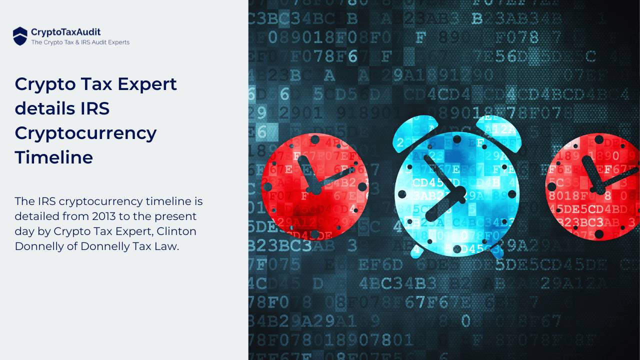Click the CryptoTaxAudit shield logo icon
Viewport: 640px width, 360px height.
20,36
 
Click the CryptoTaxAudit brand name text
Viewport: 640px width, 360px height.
65,32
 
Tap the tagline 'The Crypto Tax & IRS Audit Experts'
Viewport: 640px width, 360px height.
80,42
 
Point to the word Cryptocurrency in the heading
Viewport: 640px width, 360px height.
85,133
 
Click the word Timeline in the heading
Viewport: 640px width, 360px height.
53,157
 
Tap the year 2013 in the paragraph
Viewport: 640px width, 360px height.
106,216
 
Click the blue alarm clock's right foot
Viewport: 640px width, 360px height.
496,251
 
